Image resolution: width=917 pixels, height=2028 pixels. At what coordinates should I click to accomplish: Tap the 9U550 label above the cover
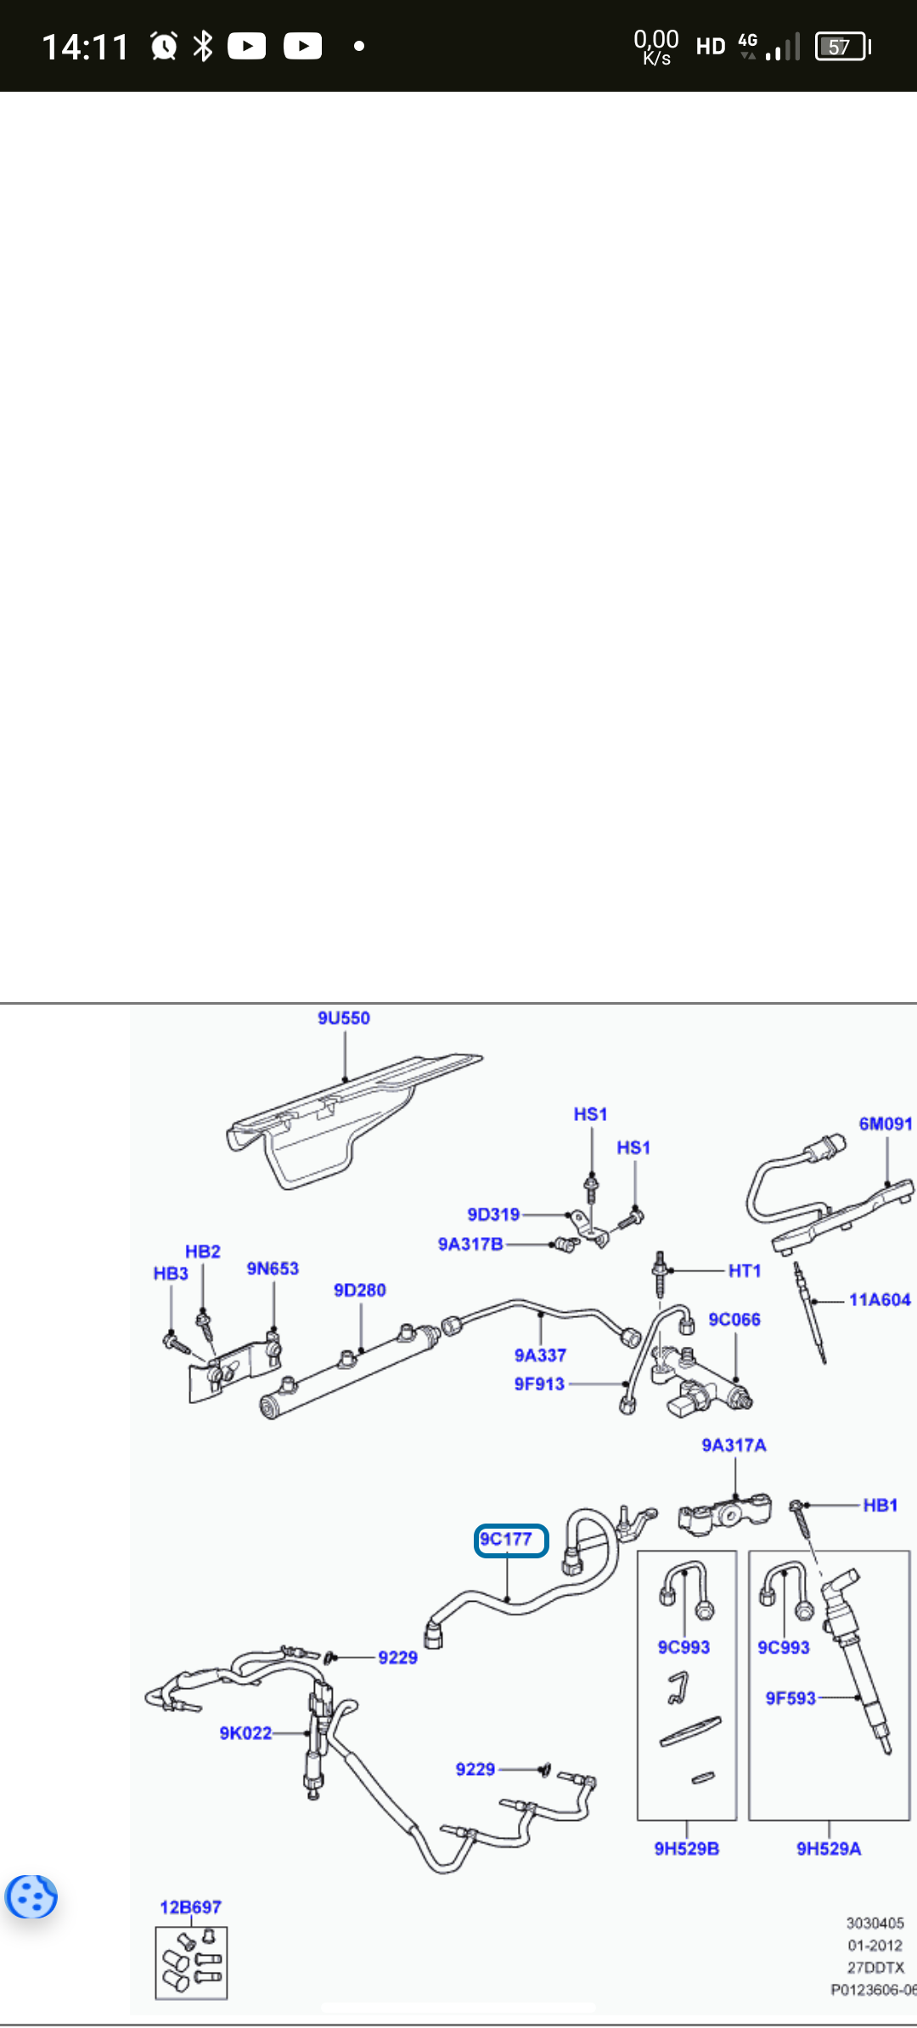pos(344,1018)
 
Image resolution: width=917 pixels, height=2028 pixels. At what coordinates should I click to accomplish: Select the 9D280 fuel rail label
pos(360,1290)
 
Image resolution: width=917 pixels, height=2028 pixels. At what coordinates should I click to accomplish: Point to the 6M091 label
pos(886,1124)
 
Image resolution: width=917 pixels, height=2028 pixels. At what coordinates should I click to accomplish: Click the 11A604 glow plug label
pos(880,1299)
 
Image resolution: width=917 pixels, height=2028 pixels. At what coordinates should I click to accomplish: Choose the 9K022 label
pos(245,1733)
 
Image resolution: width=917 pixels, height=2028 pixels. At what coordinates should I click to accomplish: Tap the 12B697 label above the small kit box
pos(191,1907)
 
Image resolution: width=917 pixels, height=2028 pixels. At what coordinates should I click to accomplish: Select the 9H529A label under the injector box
pos(829,1849)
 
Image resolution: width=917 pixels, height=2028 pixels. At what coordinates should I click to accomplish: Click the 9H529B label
pos(687,1849)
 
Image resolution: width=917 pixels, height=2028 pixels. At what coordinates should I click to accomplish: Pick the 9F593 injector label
pos(790,1698)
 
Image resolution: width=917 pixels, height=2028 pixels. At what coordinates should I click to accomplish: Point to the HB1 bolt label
pos(880,1505)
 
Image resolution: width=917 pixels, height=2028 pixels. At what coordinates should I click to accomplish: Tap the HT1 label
pos(745,1270)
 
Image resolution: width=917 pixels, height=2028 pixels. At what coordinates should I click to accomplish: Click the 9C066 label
pos(734,1319)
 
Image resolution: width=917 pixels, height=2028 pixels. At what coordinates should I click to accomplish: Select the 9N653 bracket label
pos(273,1268)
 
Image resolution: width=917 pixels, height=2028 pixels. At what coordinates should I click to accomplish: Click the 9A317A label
pos(734,1445)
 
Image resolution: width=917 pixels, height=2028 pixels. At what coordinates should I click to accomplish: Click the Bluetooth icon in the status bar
pos(203,46)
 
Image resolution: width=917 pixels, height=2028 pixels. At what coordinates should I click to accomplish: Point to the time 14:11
pos(85,47)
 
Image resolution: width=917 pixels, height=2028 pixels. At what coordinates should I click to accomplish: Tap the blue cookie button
pos(31,1897)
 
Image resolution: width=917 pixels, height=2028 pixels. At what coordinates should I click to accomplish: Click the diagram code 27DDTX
pos(875,1968)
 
